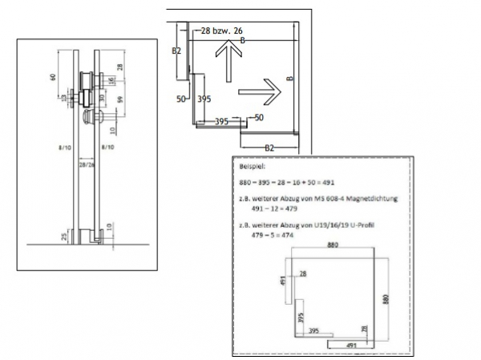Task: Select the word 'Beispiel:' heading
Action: point(253,168)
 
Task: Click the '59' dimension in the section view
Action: point(121,102)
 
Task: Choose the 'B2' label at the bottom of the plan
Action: point(271,148)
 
